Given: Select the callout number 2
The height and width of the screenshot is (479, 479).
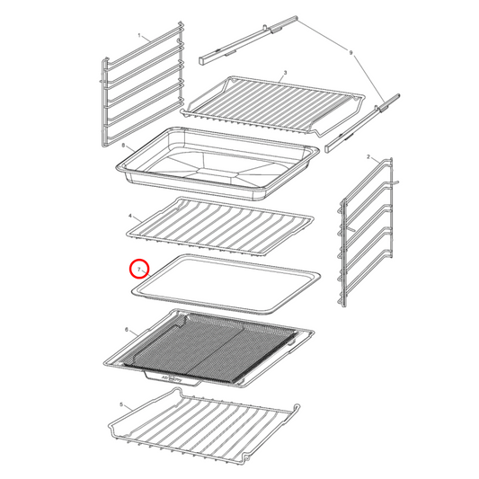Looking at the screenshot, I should coord(368,156).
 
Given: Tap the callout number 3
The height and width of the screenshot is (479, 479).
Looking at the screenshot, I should coord(285,72).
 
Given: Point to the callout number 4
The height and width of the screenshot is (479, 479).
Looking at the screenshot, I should coord(130,217).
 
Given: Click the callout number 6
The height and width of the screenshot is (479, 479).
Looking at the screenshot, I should coord(128,330).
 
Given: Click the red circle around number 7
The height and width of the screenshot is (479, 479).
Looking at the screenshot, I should coord(139,269).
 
